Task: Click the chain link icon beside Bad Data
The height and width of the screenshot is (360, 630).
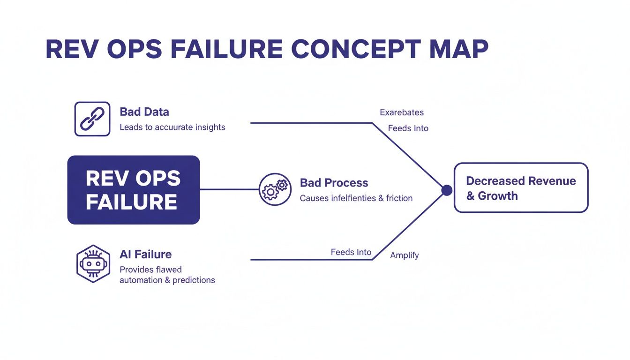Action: [92, 119]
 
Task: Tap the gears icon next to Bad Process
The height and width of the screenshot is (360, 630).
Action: [275, 189]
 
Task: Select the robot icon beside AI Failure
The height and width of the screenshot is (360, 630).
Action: [93, 263]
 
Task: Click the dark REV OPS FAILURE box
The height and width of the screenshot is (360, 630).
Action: [134, 190]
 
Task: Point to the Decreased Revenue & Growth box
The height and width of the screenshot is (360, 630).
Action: [521, 188]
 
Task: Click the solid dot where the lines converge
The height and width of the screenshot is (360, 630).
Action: [447, 190]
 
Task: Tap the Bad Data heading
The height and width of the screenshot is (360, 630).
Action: [144, 112]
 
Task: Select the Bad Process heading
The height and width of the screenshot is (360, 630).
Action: [334, 183]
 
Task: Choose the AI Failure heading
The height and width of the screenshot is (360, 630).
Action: [145, 255]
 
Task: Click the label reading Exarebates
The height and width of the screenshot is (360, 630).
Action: [402, 112]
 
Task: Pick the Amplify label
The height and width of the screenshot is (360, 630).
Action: [405, 255]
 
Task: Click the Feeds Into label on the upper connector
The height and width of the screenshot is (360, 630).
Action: [408, 128]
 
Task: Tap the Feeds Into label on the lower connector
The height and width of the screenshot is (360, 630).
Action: [351, 252]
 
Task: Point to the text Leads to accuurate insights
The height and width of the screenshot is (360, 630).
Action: [172, 127]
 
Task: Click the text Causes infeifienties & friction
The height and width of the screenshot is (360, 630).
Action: [356, 198]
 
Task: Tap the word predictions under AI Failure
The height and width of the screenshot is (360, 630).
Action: [194, 280]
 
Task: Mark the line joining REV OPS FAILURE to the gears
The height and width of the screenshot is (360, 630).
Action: [229, 190]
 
